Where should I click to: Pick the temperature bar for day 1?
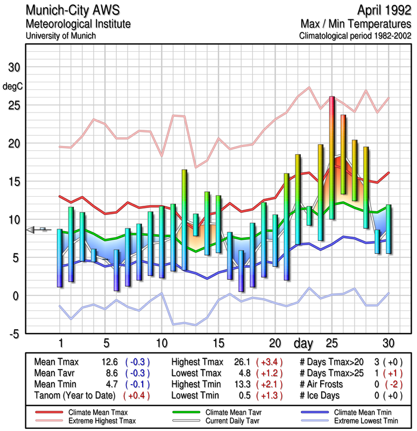pos(60,258)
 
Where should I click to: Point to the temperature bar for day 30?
pos(388,229)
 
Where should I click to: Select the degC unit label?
pos(12,86)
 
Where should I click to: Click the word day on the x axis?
pos(303,343)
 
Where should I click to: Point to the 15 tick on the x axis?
pos(218,343)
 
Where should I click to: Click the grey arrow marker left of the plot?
pos(35,230)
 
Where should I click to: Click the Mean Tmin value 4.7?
pos(106,384)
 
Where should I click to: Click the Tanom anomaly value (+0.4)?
pos(137,395)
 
